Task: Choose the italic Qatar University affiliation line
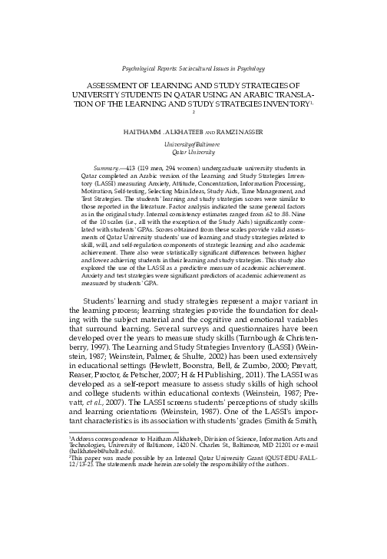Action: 194,152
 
